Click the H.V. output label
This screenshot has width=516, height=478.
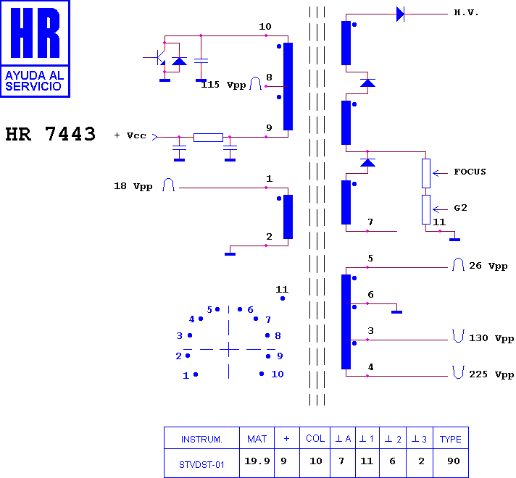[x=466, y=12]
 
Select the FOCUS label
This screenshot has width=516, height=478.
[x=470, y=172]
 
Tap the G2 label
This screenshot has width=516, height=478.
[x=460, y=208]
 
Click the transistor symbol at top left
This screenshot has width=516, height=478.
[x=158, y=57]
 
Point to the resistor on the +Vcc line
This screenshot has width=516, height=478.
[x=208, y=138]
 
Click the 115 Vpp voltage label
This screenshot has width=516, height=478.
[x=223, y=85]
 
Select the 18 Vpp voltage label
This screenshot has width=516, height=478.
[x=133, y=187]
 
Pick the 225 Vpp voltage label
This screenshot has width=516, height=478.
[x=491, y=374]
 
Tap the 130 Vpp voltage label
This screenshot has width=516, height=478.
[x=491, y=338]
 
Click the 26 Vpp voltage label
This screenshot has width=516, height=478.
[x=488, y=266]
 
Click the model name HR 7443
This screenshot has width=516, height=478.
[x=50, y=134]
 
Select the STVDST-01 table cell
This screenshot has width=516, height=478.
[x=201, y=464]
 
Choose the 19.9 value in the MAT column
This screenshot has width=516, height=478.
[x=257, y=461]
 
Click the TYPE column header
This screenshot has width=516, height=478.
[x=451, y=439]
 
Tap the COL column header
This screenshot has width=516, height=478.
[x=315, y=438]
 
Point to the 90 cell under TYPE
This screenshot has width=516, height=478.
[x=454, y=461]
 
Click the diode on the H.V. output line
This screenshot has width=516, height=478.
[x=400, y=14]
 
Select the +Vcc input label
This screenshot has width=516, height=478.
[x=130, y=135]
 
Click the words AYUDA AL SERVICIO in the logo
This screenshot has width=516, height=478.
[x=34, y=81]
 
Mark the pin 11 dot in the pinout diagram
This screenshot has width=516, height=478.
[x=283, y=298]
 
